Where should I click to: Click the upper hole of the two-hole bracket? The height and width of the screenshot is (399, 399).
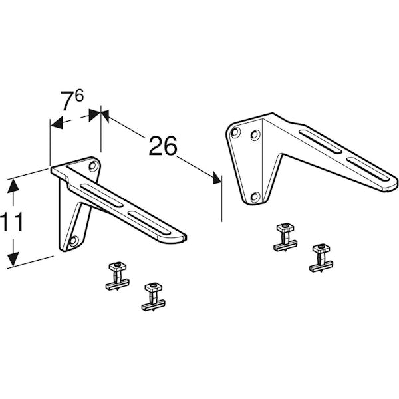pos(92,164)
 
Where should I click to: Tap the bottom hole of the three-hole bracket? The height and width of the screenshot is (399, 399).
pos(254,197)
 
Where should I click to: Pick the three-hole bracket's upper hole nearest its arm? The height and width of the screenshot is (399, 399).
pos(254,136)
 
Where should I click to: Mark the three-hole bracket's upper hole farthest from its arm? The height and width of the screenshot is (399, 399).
pos(235,132)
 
